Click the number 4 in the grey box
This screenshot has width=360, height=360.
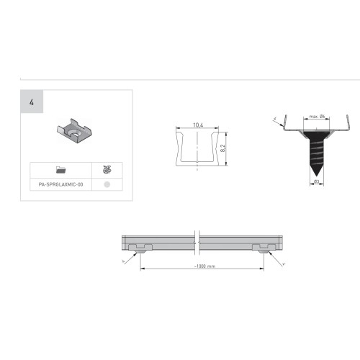coord(32,103)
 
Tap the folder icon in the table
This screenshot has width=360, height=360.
coord(60,170)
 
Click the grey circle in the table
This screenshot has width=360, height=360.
coord(107,184)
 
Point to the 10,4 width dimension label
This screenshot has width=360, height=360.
coord(197,125)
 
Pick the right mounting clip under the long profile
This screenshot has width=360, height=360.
coord(262,247)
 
